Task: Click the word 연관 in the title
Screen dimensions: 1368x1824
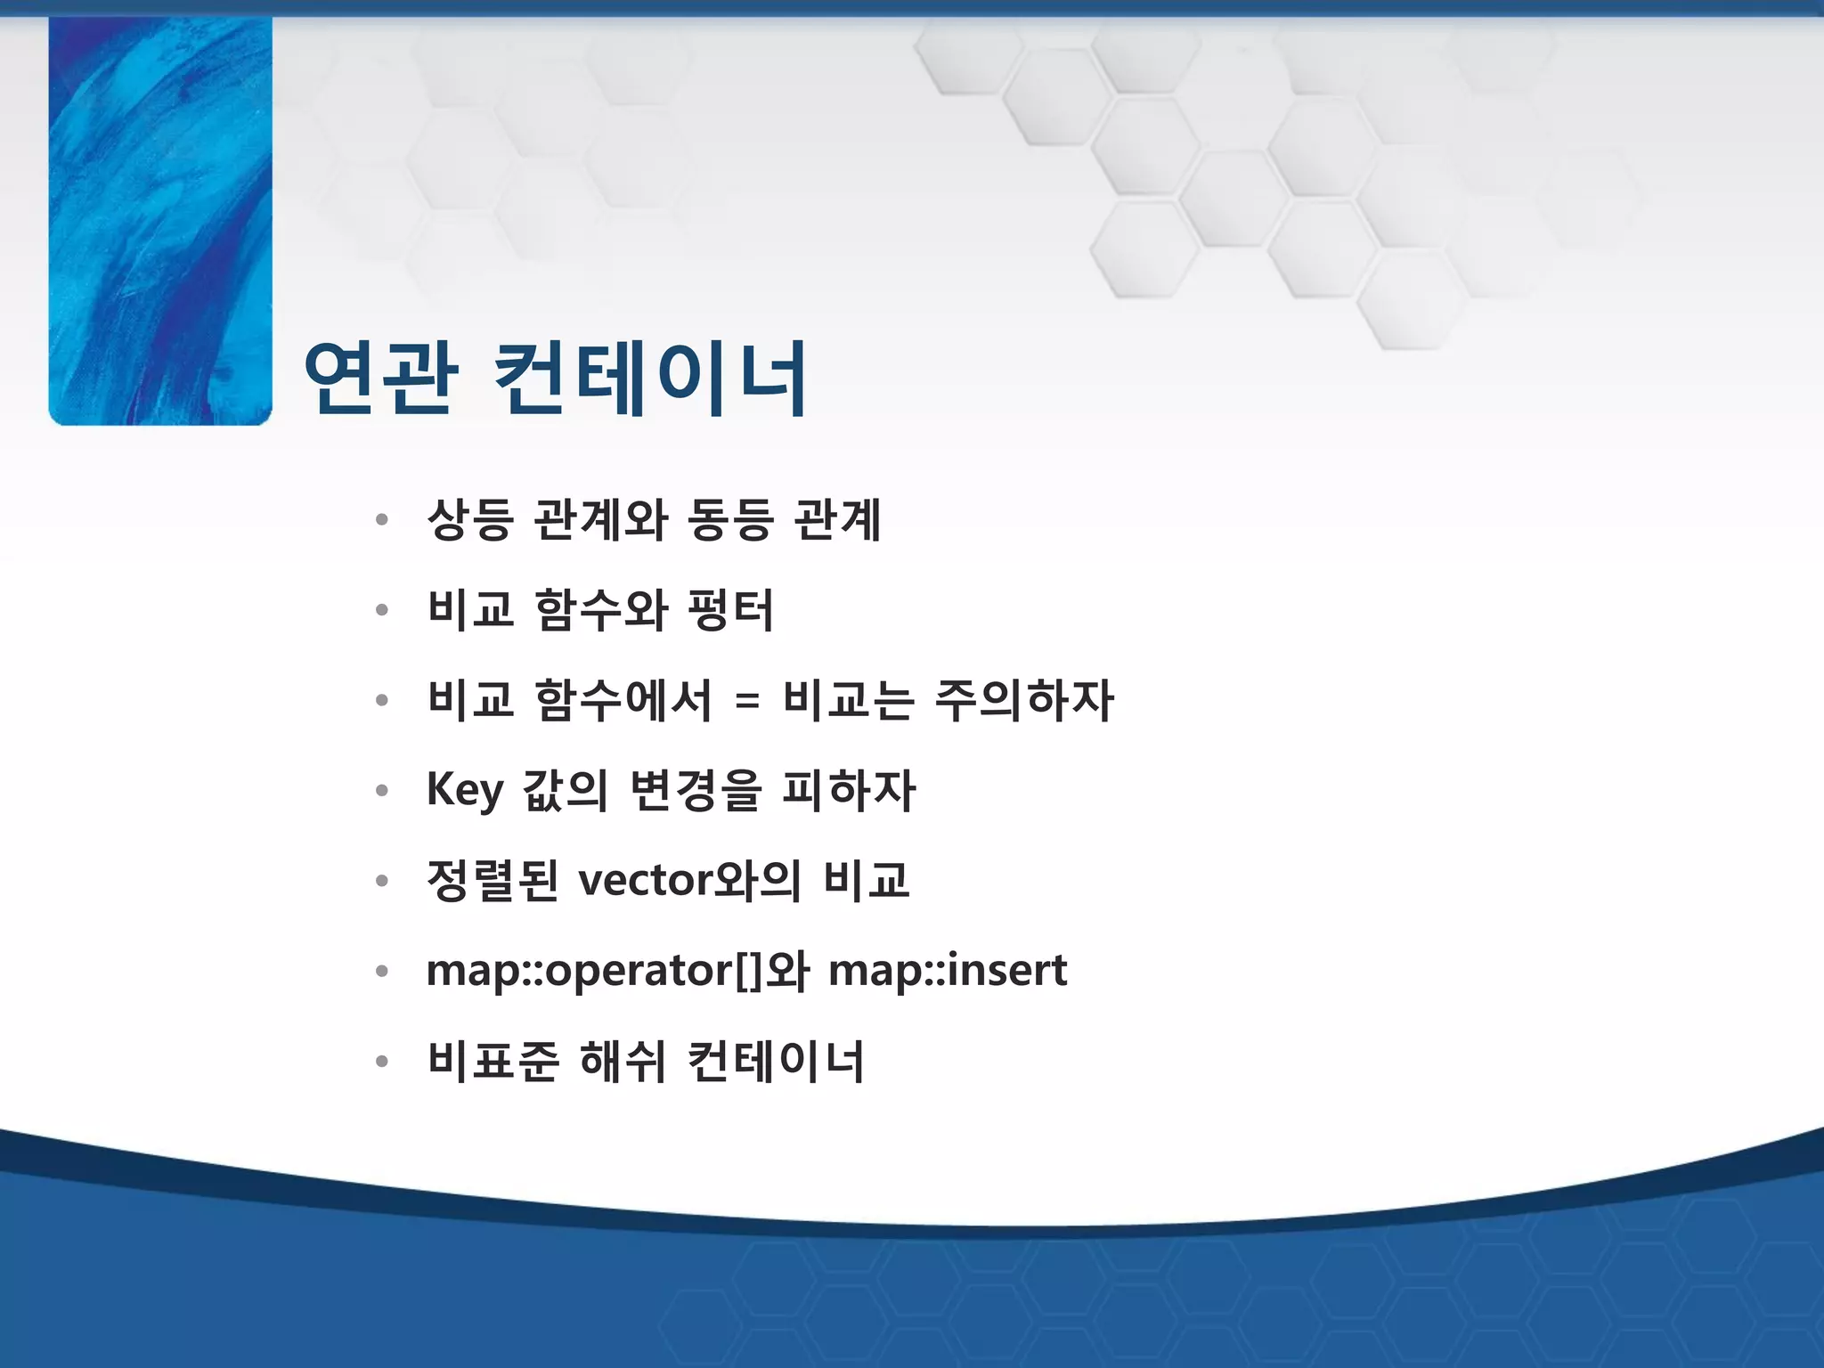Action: (x=380, y=379)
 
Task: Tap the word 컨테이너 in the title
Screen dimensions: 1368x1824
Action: (x=649, y=379)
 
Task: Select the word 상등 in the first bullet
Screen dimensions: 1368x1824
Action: (x=470, y=520)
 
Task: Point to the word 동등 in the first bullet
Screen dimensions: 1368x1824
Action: (x=730, y=520)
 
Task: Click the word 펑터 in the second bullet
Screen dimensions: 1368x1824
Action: (x=730, y=611)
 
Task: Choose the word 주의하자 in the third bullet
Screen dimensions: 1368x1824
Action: (x=1024, y=700)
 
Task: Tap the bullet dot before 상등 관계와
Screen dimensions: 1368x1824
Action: (x=382, y=520)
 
